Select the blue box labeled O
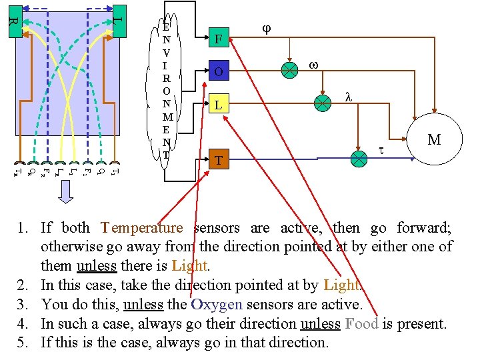[x=218, y=71]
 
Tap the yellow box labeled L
[x=218, y=105]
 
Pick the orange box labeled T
[x=218, y=160]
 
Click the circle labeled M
[x=434, y=139]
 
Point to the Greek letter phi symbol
[x=267, y=30]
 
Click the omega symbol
[x=313, y=65]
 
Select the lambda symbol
[x=348, y=97]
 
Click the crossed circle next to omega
[x=289, y=70]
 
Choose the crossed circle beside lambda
[x=323, y=103]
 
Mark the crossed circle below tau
[x=359, y=159]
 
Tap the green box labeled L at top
[x=118, y=21]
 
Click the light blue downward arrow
[x=65, y=191]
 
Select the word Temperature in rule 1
[x=141, y=228]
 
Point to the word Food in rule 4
[x=361, y=324]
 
